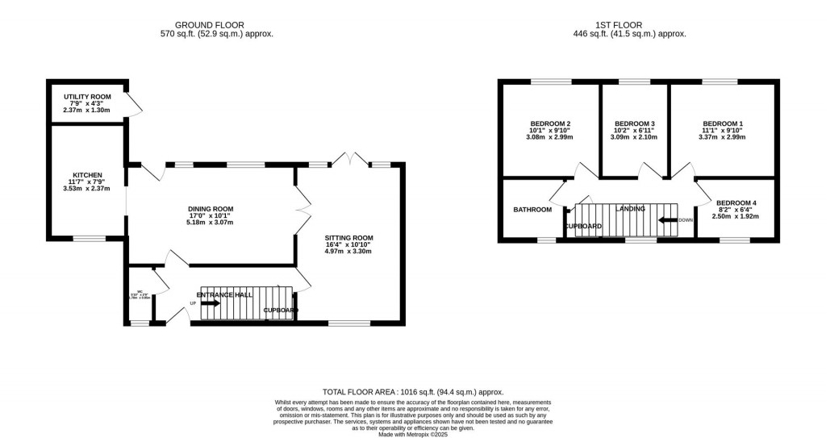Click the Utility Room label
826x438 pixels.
pos(87,97)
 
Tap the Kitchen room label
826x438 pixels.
pos(87,174)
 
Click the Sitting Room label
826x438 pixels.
pos(348,238)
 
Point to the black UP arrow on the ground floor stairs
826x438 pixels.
pos(210,303)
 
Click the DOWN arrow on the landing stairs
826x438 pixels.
pos(668,219)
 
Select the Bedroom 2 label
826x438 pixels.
pos(549,123)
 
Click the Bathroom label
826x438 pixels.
pos(532,210)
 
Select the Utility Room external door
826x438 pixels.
pos(130,102)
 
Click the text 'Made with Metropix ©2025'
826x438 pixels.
pos(412,434)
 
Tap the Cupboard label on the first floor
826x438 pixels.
pos(582,227)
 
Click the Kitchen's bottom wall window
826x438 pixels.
pos(89,238)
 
